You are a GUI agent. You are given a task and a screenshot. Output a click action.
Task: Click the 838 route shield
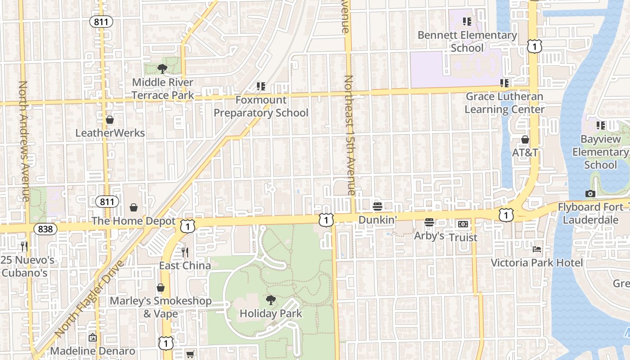[x=45, y=229]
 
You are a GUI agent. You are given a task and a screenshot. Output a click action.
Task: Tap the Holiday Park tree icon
[x=270, y=300]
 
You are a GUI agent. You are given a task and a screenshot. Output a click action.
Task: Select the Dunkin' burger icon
[x=378, y=207]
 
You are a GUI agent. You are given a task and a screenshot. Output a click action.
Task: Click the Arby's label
[x=429, y=236]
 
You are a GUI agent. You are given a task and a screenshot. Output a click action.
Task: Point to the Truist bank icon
[x=463, y=224]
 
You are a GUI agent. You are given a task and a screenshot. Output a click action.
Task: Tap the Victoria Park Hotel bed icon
[x=537, y=249]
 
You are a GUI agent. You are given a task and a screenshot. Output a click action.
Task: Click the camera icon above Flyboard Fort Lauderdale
[x=590, y=194]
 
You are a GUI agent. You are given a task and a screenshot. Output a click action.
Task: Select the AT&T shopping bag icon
[x=525, y=139]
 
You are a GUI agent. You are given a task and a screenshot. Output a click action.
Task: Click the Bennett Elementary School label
[x=467, y=41]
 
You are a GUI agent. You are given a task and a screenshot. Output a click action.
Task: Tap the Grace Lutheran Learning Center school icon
[x=504, y=83]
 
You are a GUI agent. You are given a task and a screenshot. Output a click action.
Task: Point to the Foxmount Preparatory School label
[x=261, y=106]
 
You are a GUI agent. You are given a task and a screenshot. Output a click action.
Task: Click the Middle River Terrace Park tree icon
[x=162, y=69]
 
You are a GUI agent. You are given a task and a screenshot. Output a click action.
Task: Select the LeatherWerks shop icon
[x=110, y=120]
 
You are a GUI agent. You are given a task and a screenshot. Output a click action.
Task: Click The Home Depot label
[x=134, y=221]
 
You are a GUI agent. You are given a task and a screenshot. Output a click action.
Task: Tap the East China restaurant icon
[x=184, y=252]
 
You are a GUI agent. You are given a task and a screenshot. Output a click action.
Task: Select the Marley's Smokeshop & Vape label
[x=161, y=307]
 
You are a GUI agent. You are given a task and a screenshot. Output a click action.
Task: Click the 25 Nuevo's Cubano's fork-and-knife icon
[x=24, y=246]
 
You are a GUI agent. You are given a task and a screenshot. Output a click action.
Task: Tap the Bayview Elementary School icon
[x=601, y=125]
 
